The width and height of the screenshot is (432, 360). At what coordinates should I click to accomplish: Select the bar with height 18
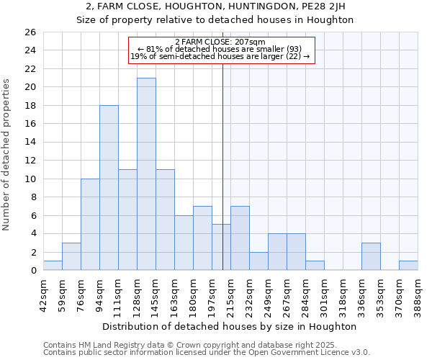click(x=109, y=188)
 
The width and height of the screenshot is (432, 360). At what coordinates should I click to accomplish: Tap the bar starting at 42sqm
click(x=53, y=266)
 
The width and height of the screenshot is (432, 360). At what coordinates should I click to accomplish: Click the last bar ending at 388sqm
click(x=408, y=266)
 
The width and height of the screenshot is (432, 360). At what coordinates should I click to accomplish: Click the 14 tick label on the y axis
click(x=30, y=143)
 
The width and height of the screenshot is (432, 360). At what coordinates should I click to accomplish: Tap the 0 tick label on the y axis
click(x=33, y=271)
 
